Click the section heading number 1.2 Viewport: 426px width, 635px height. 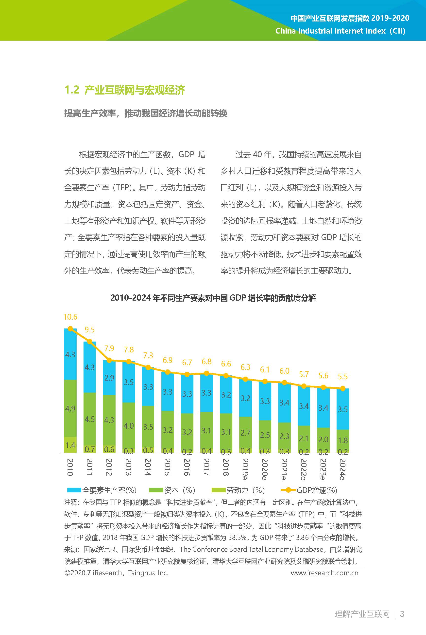[72, 90]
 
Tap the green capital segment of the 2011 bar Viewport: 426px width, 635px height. [89, 419]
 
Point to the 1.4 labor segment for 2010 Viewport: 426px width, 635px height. [70, 445]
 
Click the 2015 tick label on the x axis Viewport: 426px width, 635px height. [167, 467]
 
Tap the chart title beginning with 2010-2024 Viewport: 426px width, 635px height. [213, 298]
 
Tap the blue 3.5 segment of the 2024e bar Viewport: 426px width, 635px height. [342, 409]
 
